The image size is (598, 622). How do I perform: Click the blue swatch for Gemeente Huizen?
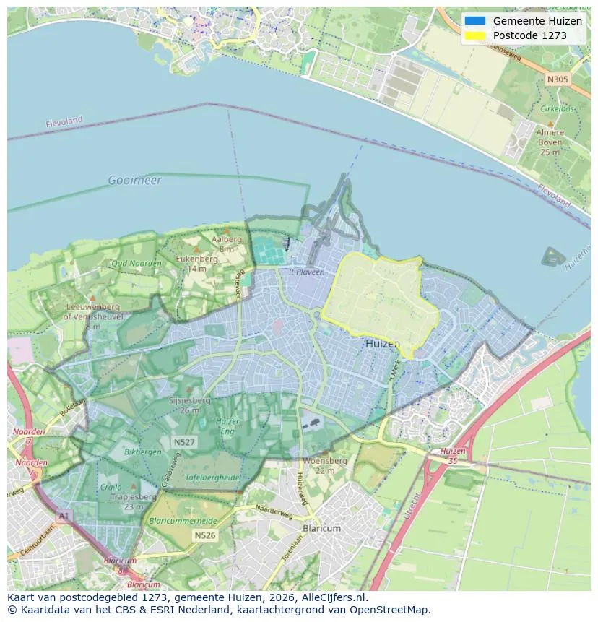click(475, 21)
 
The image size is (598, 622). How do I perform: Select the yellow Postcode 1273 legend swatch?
click(475, 35)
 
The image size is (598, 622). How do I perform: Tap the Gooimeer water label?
click(134, 180)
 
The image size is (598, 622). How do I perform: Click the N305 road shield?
click(557, 79)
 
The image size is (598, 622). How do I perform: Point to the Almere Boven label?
click(550, 142)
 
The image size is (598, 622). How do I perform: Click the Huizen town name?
click(383, 344)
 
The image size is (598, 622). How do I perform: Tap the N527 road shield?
click(183, 441)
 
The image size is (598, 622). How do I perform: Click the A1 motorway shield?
click(64, 516)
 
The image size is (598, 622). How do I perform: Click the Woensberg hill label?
click(325, 461)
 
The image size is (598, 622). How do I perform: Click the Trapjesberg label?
click(133, 497)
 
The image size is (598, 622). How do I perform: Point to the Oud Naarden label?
click(136, 264)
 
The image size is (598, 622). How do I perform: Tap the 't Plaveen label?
click(307, 272)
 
